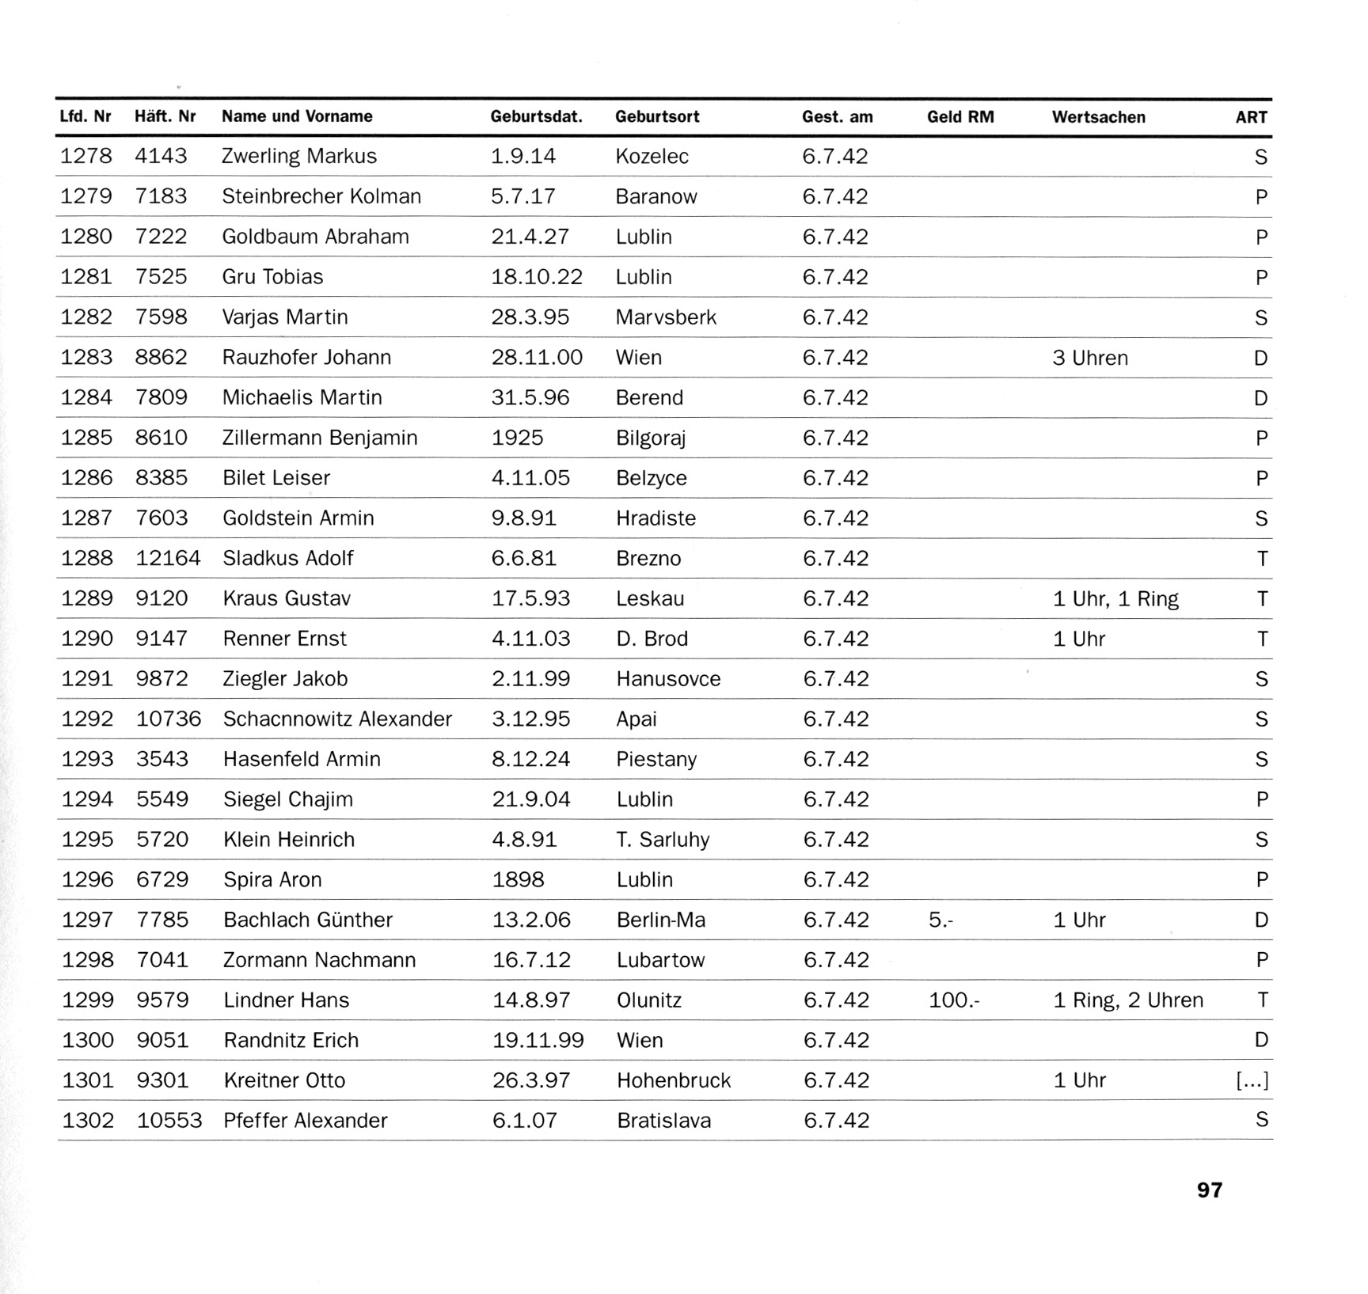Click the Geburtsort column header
point(657,117)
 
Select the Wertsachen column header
point(1098,117)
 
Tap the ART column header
point(1251,117)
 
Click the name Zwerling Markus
point(299,156)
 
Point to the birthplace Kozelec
point(652,156)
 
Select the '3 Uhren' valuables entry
point(1089,358)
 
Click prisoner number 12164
point(168,558)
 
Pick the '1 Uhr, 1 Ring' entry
point(1115,599)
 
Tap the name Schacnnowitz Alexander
point(337,719)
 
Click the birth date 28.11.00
point(537,357)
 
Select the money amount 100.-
point(954,1000)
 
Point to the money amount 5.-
point(940,920)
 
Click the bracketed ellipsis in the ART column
point(1252,1080)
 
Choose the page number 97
point(1209,1190)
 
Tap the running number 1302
point(88,1121)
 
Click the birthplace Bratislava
point(663,1121)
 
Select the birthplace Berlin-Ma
point(660,920)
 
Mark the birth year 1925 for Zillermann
point(517,438)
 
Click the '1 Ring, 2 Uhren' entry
point(1127,1000)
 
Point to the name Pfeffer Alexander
point(306,1121)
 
